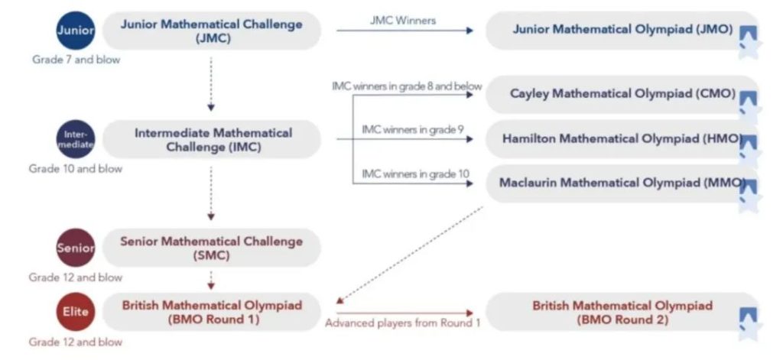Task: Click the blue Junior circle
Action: (76, 31)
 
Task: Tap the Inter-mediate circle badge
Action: (76, 138)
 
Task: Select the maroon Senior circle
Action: (76, 248)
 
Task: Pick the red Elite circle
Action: (76, 311)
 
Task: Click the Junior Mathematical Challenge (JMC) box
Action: (211, 31)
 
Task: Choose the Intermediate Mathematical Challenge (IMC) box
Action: (213, 139)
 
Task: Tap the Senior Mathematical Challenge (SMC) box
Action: (211, 248)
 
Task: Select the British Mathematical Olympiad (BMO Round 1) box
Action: (211, 312)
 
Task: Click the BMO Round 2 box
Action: (622, 312)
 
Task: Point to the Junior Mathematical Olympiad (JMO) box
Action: (622, 31)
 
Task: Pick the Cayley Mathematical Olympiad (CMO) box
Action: (622, 94)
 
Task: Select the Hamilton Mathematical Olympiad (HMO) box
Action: (622, 138)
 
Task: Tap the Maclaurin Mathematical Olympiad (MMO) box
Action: (622, 183)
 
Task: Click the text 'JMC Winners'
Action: (403, 21)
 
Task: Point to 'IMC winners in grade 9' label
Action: (412, 129)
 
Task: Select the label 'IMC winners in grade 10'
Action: (415, 174)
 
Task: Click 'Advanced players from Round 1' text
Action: (402, 323)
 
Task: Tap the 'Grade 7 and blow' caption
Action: (76, 59)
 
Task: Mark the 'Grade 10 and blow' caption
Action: (76, 168)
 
